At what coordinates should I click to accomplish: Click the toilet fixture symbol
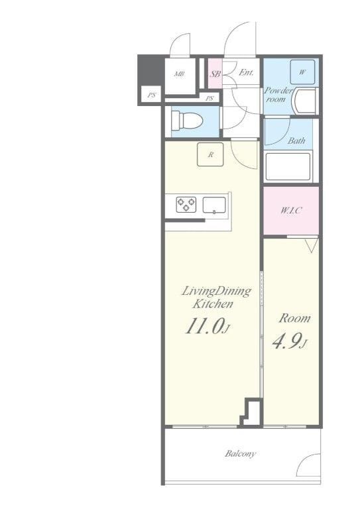pos(187,120)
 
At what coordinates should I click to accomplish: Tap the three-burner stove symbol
pos(186,205)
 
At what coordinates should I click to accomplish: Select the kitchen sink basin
pos(215,205)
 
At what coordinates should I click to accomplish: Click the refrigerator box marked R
pos(210,154)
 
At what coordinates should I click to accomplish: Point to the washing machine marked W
pos(302,72)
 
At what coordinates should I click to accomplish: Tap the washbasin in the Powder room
pos(305,101)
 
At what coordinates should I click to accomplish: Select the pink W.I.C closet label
pos(291,210)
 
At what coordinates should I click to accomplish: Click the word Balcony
pos(240,453)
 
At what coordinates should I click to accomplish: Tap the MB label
pos(180,74)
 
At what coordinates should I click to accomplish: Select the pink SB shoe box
pos(215,74)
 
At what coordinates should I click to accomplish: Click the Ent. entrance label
pos(246,72)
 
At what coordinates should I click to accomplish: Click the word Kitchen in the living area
pos(213,304)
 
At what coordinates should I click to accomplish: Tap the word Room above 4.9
pos(295,318)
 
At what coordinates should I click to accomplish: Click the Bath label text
pos(296,141)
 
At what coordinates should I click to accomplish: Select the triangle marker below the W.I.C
pos(312,245)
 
